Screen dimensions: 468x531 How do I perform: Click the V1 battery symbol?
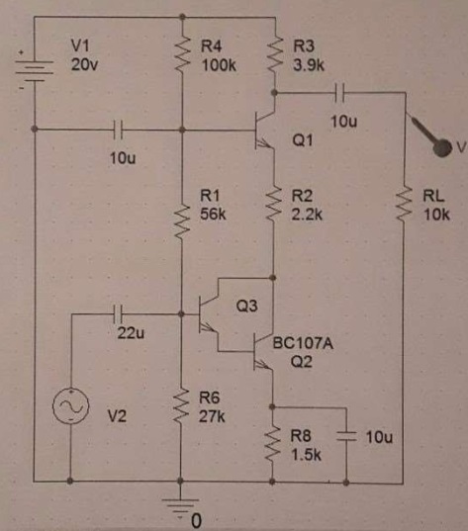[x=34, y=71]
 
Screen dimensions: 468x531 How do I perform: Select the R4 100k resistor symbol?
[x=182, y=53]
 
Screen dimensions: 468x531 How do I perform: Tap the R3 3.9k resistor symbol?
[x=275, y=53]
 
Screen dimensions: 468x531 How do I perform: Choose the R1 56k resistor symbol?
[x=182, y=221]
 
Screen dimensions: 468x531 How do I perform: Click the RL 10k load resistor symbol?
[x=404, y=205]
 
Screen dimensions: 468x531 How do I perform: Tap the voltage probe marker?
[x=432, y=136]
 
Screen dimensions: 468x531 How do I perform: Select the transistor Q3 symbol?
[x=209, y=314]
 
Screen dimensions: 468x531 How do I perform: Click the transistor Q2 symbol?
[x=263, y=351]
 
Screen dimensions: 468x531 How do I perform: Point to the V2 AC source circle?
[x=71, y=405]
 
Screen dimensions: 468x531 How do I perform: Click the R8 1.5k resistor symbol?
[x=272, y=444]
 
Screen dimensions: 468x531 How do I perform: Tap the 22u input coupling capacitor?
[x=118, y=314]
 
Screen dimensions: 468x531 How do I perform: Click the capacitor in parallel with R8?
[x=346, y=436]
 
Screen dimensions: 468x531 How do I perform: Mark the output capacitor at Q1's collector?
[x=339, y=92]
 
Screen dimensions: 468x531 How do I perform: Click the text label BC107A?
[x=303, y=344]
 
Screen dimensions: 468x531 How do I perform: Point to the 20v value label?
[x=84, y=64]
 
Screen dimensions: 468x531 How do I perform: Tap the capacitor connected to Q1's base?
[x=118, y=130]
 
